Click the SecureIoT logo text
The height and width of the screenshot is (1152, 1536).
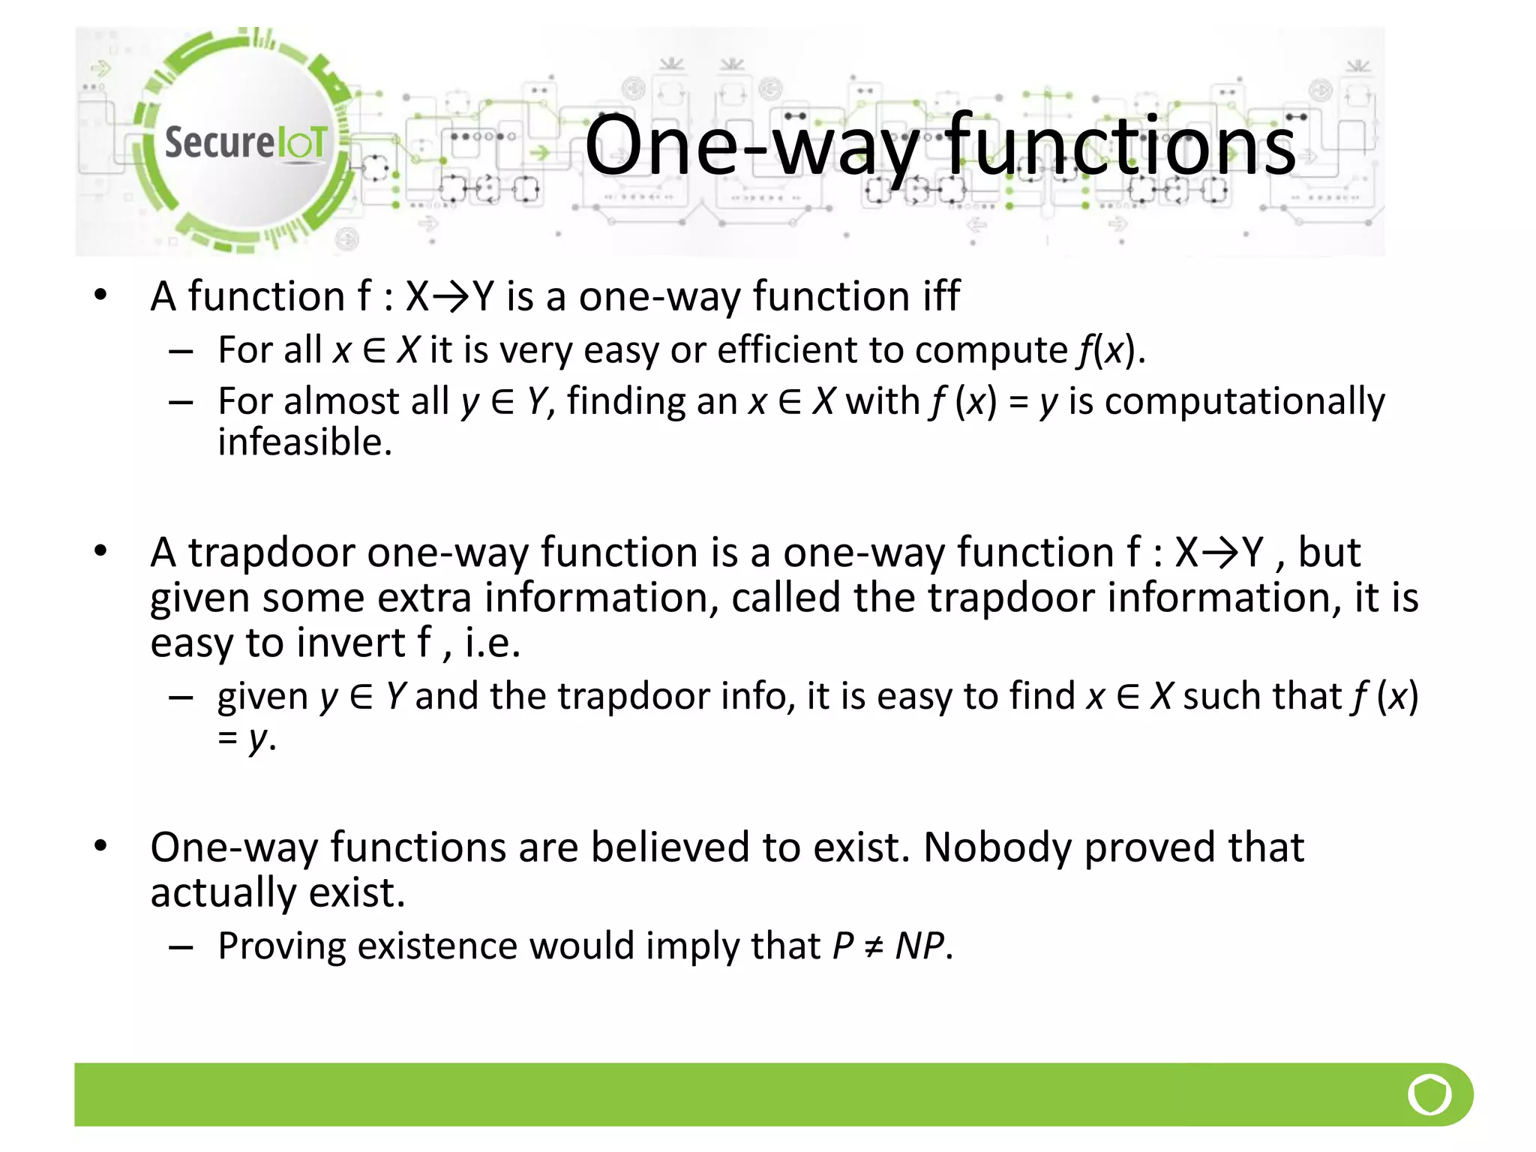[x=245, y=142]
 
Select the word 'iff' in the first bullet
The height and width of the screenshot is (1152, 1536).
[x=941, y=295]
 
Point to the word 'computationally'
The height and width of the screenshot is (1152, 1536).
[x=1244, y=402]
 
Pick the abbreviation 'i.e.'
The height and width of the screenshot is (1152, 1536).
[x=492, y=643]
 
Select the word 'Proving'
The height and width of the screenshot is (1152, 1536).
[x=281, y=946]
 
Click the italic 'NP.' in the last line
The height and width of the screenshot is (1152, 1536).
[x=923, y=946]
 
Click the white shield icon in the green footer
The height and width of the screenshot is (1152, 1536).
[x=1429, y=1095]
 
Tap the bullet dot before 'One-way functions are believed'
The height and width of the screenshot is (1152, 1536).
[x=101, y=846]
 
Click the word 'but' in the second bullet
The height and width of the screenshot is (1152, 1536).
[x=1329, y=553]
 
